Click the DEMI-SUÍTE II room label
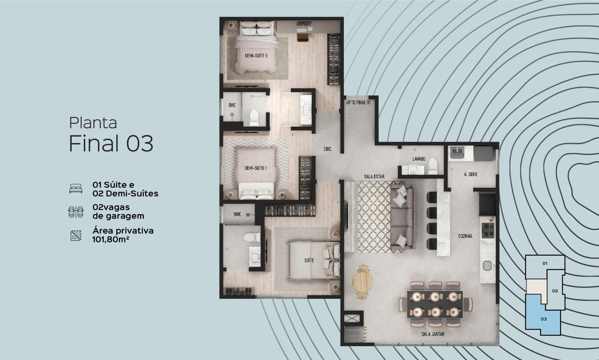coord(256,56)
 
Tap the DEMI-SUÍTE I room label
coord(256,168)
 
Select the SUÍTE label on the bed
coord(309,260)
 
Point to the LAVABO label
coord(419,159)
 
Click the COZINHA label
coord(465,236)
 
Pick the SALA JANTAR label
coord(433,334)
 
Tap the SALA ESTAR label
coord(374,176)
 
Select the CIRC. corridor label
coord(328,149)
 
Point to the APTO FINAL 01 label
coord(358,103)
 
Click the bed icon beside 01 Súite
coord(76,188)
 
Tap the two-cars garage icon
coord(76,212)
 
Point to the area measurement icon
coord(76,236)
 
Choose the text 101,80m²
coord(111,239)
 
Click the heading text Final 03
coord(111,143)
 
